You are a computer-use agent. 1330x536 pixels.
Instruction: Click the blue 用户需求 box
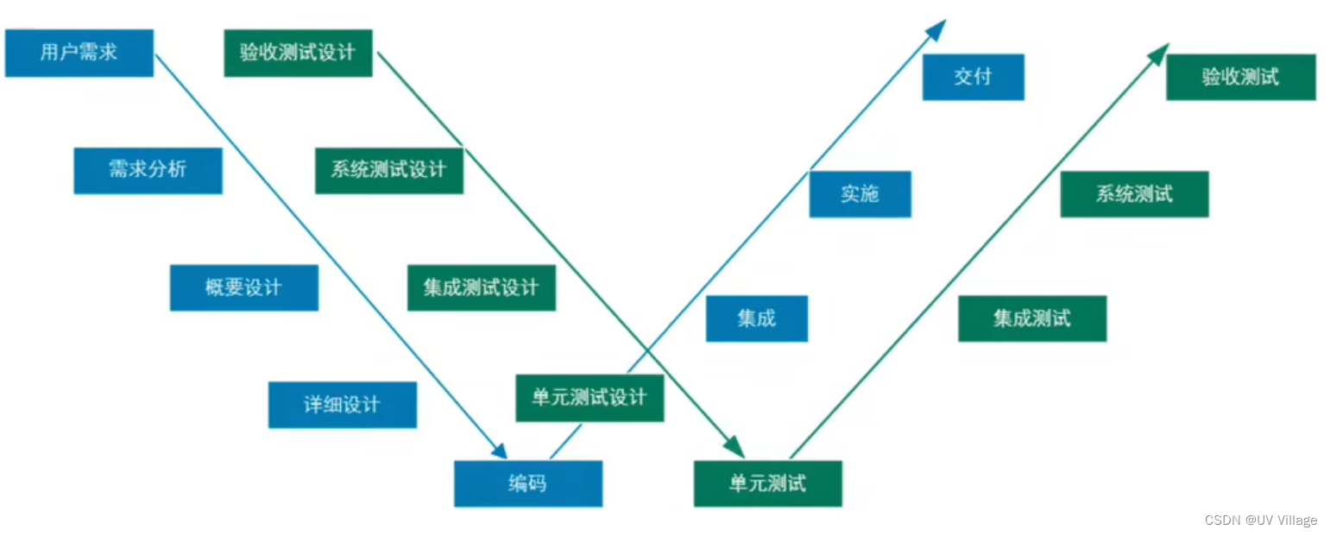(79, 53)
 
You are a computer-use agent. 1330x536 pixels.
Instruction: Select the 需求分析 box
(148, 170)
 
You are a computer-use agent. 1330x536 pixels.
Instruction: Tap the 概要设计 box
(243, 287)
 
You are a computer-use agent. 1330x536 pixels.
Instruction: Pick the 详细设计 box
(342, 405)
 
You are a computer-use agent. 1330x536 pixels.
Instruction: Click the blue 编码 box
(527, 483)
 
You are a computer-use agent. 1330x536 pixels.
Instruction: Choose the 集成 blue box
(756, 318)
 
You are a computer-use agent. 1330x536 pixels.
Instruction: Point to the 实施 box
(860, 194)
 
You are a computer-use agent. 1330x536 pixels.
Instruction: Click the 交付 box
(973, 77)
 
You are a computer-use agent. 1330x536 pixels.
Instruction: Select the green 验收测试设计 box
(298, 53)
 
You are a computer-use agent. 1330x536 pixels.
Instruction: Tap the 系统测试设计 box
(388, 170)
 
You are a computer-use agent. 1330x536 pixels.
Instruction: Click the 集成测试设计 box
(481, 287)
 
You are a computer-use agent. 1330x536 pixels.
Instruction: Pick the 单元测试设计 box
(589, 398)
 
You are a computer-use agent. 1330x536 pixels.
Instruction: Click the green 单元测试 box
(767, 483)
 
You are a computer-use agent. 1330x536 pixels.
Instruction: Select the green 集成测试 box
(1031, 318)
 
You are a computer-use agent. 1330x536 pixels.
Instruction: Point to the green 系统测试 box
(1134, 194)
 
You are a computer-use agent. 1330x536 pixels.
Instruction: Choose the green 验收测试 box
(1240, 77)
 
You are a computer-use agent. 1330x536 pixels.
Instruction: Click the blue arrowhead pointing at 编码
(498, 451)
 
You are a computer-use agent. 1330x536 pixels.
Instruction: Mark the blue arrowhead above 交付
(936, 28)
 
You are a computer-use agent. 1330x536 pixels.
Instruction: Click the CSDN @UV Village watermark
(1260, 520)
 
